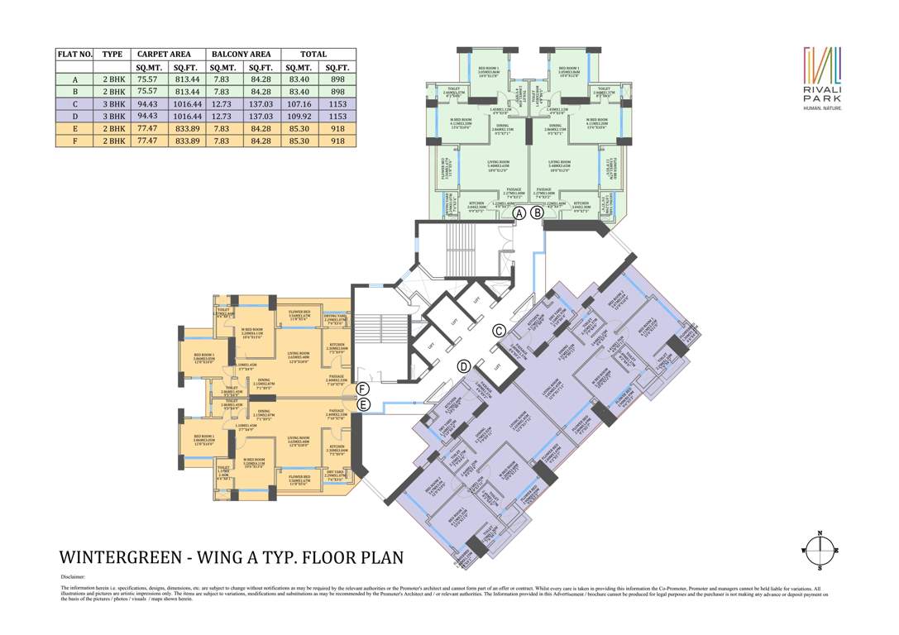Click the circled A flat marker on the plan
[x=519, y=212]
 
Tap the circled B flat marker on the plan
[x=537, y=212]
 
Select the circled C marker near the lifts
[x=499, y=331]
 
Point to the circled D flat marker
[x=464, y=365]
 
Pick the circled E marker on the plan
[x=361, y=404]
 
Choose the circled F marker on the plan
[x=361, y=388]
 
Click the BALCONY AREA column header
[x=241, y=54]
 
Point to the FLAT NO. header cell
[x=74, y=54]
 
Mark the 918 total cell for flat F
[x=337, y=141]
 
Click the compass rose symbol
[x=820, y=550]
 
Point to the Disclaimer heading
[x=73, y=577]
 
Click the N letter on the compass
[x=820, y=533]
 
